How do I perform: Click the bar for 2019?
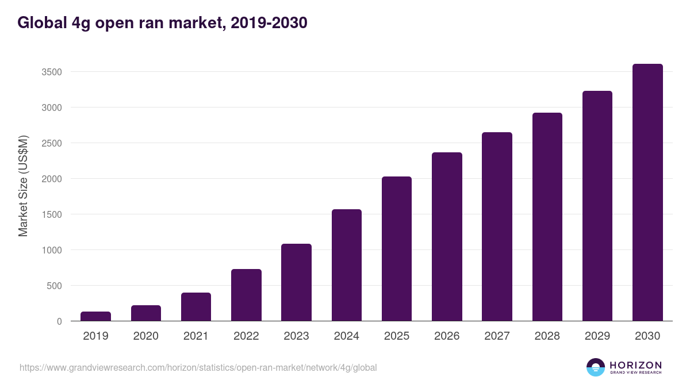pos(95,316)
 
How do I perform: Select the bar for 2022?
pos(246,295)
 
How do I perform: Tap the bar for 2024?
pos(347,265)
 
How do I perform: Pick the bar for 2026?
pos(447,236)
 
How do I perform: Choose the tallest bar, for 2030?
pos(647,193)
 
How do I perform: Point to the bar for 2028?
pos(547,217)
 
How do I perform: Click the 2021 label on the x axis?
pos(196,336)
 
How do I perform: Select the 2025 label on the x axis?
pos(397,336)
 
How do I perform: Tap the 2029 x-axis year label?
pos(597,336)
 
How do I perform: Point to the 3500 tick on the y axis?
pos(51,72)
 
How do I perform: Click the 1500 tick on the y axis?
pos(51,214)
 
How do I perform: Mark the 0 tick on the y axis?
pos(59,321)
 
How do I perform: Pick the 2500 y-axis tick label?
pos(51,143)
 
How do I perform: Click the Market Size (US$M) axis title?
pos(23,186)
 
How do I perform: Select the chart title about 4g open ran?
pos(162,23)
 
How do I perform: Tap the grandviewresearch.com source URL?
pos(198,367)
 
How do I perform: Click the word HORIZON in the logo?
pos(635,365)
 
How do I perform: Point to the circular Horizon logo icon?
pos(596,367)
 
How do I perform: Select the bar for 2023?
pos(296,282)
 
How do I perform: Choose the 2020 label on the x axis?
pos(146,336)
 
